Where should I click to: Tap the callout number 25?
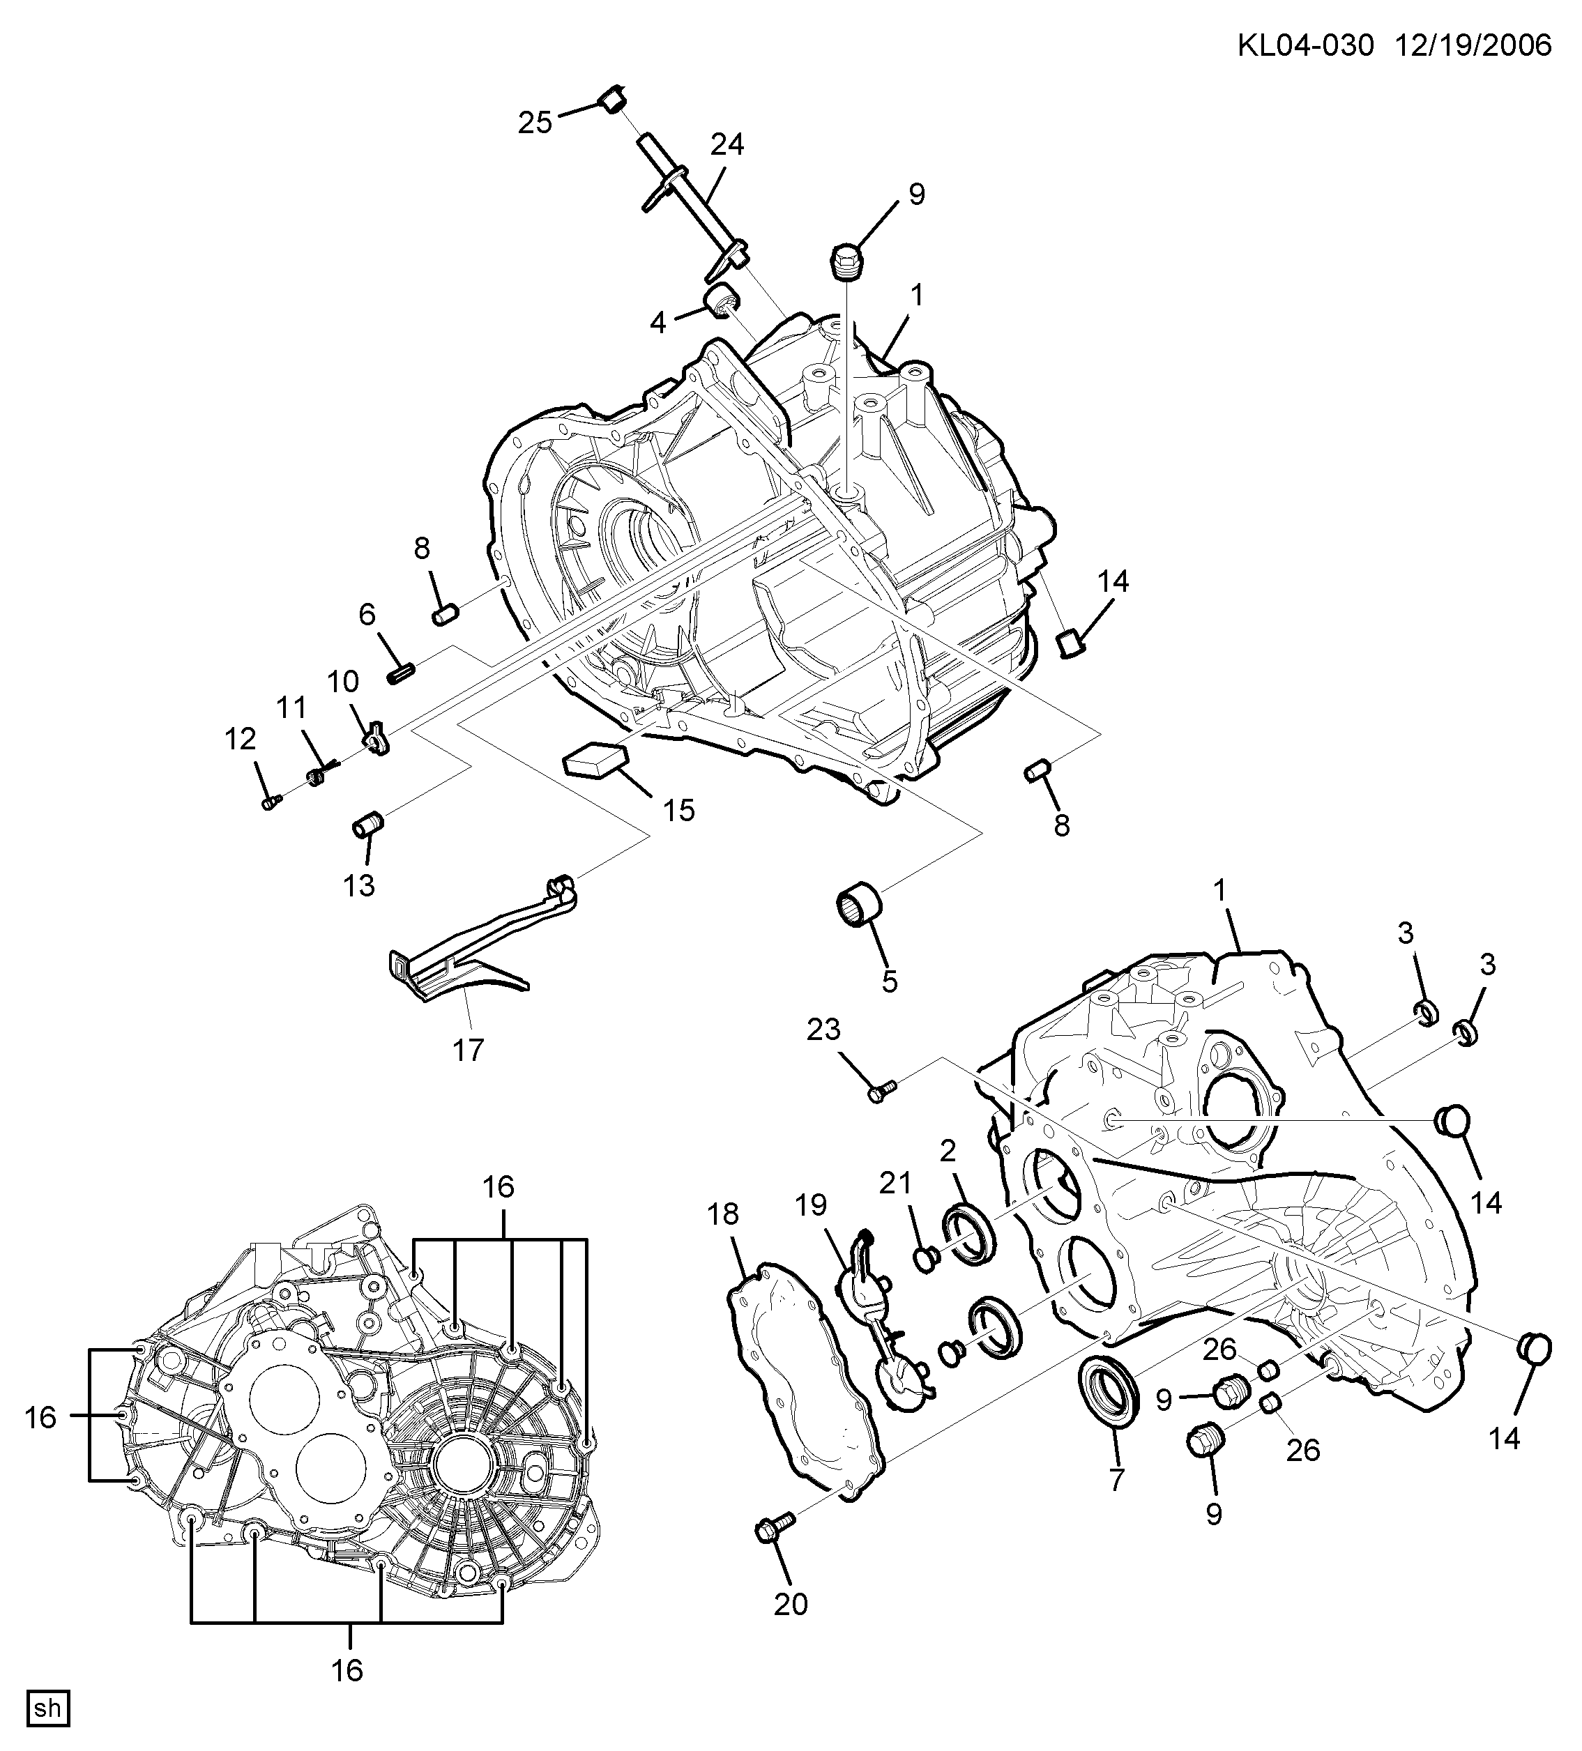tap(535, 123)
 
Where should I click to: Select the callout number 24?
tap(727, 144)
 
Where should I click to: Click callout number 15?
tap(678, 811)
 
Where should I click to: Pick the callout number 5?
tap(890, 981)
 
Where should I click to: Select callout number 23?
tap(823, 1030)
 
